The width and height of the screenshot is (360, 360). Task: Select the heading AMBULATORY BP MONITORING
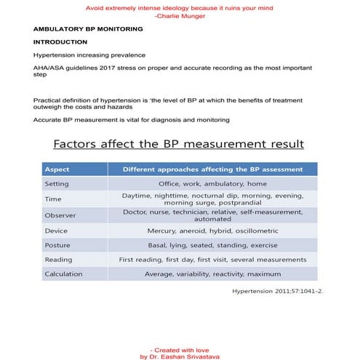(x=87, y=29)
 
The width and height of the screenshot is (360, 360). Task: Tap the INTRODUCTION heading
(x=60, y=42)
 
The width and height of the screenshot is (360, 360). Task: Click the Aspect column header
(x=57, y=169)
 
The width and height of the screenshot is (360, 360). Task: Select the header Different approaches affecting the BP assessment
(x=212, y=169)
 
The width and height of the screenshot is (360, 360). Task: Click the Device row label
(x=56, y=230)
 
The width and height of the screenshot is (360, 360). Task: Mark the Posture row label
(x=57, y=244)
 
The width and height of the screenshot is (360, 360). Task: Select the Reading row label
(x=58, y=259)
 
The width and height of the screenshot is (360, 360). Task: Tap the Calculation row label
(x=63, y=274)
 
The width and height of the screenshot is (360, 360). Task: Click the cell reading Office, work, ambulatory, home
(x=212, y=184)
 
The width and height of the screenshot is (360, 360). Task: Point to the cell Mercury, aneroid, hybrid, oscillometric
(x=212, y=230)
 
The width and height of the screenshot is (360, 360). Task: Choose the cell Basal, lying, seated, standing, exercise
(x=212, y=244)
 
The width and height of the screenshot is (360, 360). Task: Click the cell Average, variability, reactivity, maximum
(x=212, y=274)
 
